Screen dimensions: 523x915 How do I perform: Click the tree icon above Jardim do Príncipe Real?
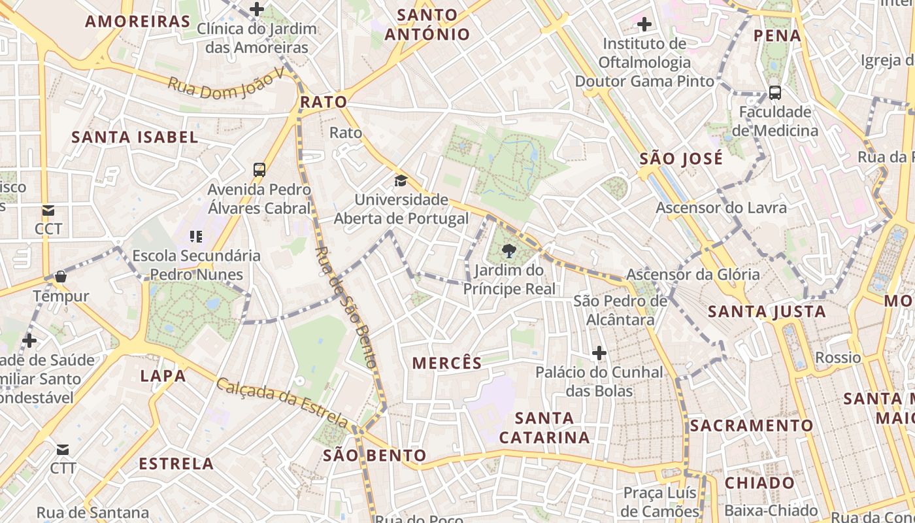(508, 250)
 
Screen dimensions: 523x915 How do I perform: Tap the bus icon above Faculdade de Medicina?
(775, 93)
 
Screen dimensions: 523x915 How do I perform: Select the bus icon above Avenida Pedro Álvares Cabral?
(259, 170)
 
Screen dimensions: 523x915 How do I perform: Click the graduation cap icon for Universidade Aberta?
(400, 180)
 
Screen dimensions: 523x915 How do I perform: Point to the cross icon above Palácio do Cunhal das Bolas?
(599, 354)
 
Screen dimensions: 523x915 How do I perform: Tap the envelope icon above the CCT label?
(48, 211)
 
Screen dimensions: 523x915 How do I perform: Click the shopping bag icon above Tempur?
(61, 277)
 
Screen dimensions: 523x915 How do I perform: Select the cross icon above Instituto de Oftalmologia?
(644, 25)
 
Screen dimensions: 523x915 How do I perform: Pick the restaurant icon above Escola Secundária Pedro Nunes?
(196, 236)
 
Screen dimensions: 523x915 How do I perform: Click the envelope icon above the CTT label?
(63, 450)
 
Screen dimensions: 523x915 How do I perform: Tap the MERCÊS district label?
(447, 363)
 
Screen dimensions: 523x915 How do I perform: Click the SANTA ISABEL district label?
(135, 137)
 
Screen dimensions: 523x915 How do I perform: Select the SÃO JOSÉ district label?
(682, 159)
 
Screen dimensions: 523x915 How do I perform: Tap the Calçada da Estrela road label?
(282, 400)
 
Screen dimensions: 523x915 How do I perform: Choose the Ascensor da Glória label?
(693, 275)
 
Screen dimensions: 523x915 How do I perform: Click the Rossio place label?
(838, 358)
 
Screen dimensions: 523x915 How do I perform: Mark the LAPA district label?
(163, 376)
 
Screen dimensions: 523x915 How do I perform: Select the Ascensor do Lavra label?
(721, 208)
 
